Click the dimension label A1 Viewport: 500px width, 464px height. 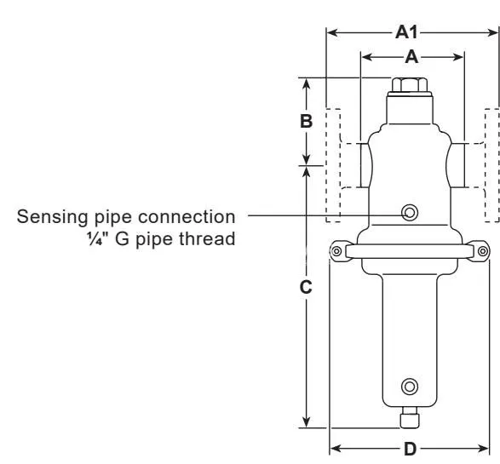click(406, 32)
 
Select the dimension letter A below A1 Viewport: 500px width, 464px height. click(411, 57)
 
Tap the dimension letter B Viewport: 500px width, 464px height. click(306, 121)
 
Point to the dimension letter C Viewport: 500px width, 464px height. click(306, 287)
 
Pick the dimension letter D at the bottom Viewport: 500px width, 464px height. click(410, 450)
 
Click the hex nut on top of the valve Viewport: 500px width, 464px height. click(410, 84)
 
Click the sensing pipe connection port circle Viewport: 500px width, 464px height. click(410, 213)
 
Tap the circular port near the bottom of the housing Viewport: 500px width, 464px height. click(410, 387)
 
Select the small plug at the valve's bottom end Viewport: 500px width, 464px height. click(410, 418)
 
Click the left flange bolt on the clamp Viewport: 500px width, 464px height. click(336, 251)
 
